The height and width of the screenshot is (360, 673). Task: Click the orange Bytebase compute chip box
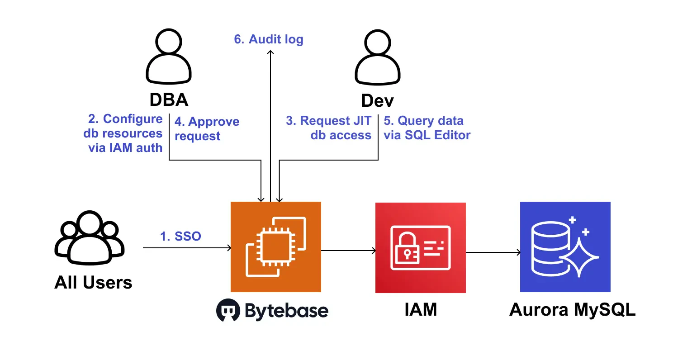(276, 246)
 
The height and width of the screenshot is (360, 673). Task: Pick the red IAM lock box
(420, 247)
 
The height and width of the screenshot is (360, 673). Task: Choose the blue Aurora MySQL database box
(565, 247)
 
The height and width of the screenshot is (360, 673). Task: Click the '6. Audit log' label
(269, 39)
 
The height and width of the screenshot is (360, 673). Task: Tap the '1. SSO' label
(180, 236)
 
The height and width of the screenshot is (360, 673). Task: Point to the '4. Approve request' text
(207, 128)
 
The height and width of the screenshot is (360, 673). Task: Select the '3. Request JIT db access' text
(329, 128)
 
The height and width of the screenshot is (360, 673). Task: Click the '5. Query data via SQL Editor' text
(427, 128)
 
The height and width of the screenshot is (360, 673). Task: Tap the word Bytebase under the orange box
(287, 311)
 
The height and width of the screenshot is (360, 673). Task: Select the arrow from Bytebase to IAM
(348, 250)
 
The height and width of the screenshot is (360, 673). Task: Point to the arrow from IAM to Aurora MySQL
(493, 252)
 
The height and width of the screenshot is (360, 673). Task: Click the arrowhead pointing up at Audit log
(270, 52)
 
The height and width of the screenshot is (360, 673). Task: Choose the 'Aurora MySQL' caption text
(572, 310)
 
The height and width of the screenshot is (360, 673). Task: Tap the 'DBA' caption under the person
(169, 100)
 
